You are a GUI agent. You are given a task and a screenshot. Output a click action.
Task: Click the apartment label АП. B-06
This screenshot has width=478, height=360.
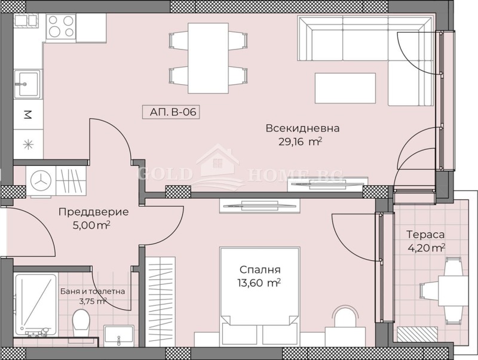170,112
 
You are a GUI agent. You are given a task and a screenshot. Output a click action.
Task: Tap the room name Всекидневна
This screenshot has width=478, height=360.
295,128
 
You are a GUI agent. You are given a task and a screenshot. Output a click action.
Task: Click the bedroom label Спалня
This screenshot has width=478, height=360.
261,269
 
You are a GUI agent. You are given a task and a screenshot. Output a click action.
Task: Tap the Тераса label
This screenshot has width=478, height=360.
425,235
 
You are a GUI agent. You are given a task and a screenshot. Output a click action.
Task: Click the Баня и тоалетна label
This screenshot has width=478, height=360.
93,291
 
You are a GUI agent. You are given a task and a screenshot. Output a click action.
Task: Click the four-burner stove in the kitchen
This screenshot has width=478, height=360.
60,26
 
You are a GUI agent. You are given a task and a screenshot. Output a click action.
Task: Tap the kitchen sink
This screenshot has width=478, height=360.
27,83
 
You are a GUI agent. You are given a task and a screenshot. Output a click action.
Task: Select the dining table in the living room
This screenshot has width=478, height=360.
208,58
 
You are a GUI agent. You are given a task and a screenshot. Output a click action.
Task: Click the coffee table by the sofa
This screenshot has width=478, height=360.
345,87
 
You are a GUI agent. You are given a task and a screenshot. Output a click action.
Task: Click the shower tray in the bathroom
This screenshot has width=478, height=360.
36,303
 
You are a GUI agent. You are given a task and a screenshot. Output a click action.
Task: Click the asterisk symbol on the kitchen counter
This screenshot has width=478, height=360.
26,143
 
